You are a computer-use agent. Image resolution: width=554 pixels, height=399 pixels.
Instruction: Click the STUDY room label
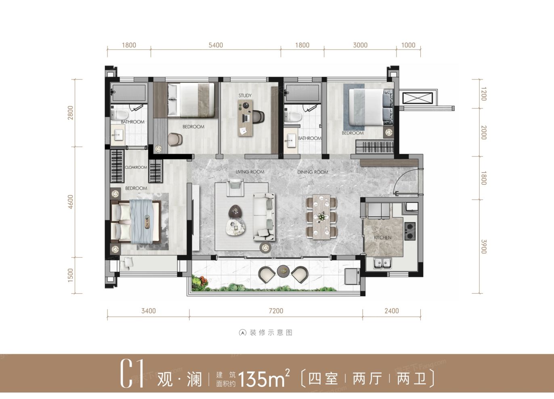click(245, 96)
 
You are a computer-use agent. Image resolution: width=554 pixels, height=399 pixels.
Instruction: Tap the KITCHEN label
click(382, 238)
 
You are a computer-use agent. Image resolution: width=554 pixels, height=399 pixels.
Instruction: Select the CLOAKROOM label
click(136, 167)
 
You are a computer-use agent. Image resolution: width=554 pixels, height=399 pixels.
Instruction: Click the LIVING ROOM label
click(250, 172)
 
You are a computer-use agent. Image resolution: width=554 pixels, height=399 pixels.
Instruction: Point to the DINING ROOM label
click(313, 172)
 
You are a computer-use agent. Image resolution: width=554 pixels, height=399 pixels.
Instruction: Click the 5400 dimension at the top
click(216, 45)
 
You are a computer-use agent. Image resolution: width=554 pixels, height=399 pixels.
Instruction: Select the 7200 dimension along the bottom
click(276, 311)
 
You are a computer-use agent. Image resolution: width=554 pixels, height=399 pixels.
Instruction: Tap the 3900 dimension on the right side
click(483, 246)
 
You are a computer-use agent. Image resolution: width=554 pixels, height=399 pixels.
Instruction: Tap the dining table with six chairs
click(321, 217)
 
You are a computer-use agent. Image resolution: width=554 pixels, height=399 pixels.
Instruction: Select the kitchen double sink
click(382, 264)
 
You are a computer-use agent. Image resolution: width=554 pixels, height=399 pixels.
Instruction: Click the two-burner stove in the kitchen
click(410, 231)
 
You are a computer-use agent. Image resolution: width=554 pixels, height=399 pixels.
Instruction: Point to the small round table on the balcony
click(283, 271)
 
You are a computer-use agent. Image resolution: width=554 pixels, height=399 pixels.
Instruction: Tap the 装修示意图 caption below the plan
click(266, 333)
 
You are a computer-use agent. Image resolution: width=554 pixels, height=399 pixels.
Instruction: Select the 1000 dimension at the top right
click(408, 45)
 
